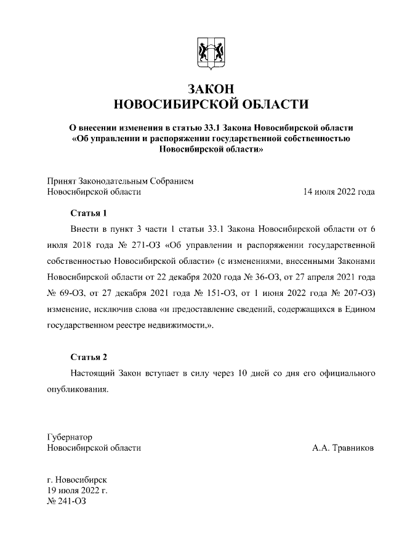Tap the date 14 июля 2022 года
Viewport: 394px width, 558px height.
(x=339, y=192)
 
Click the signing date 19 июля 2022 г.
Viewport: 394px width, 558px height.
(x=78, y=490)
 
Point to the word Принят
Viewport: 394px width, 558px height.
(x=61, y=181)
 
